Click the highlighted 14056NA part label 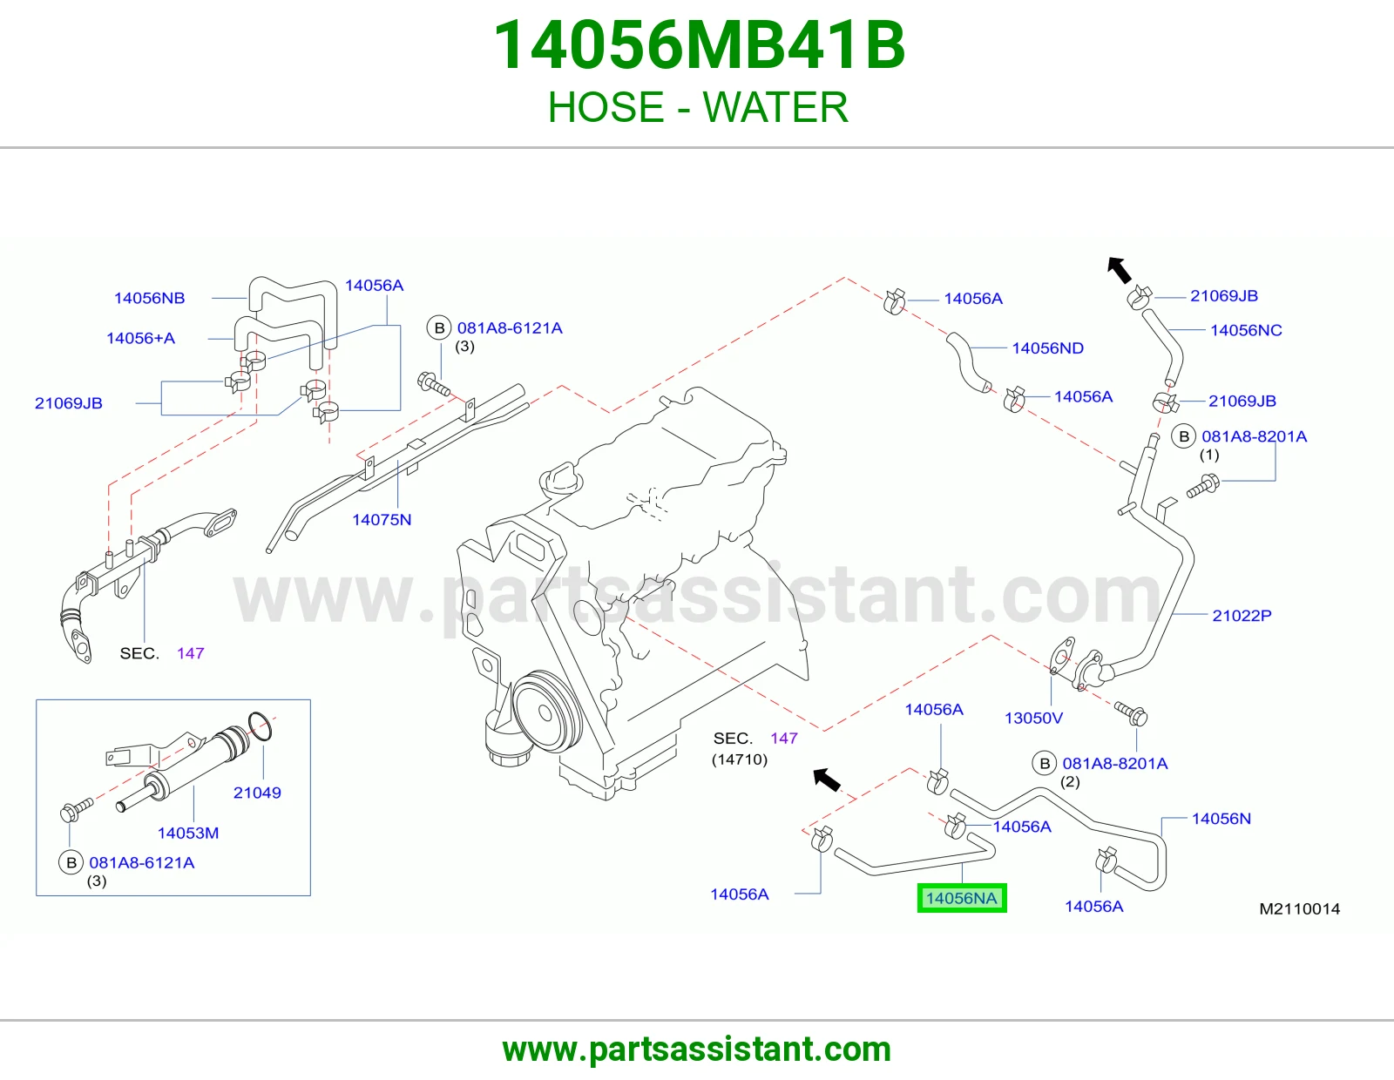pyautogui.click(x=961, y=898)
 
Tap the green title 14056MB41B pyautogui.click(x=699, y=45)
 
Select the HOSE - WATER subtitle pyautogui.click(x=698, y=107)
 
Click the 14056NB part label pyautogui.click(x=150, y=298)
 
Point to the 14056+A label pyautogui.click(x=140, y=338)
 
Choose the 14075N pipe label pyautogui.click(x=382, y=519)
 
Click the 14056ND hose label pyautogui.click(x=1047, y=348)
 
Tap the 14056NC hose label pyautogui.click(x=1246, y=330)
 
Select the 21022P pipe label pyautogui.click(x=1242, y=616)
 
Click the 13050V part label pyautogui.click(x=1033, y=718)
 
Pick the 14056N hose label pyautogui.click(x=1221, y=819)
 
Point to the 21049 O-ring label pyautogui.click(x=257, y=793)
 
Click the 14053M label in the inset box pyautogui.click(x=188, y=834)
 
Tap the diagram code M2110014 pyautogui.click(x=1299, y=908)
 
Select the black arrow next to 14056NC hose pyautogui.click(x=1119, y=270)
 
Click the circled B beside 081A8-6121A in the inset pyautogui.click(x=71, y=862)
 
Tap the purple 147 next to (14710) pyautogui.click(x=784, y=739)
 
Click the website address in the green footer pyautogui.click(x=697, y=1050)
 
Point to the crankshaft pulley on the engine pyautogui.click(x=545, y=712)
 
